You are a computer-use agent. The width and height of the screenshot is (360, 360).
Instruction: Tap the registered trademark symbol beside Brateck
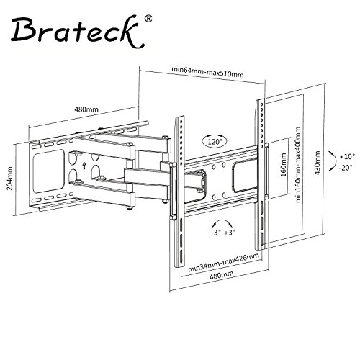coord(149,19)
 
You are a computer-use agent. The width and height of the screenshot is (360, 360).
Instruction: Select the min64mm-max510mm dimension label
coord(207,72)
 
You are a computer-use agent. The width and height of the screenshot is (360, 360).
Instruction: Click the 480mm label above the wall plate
coord(86,109)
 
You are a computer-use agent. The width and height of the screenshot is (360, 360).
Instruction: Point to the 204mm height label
coord(9,179)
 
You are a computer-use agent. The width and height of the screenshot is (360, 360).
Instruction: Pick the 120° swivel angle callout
coord(215,141)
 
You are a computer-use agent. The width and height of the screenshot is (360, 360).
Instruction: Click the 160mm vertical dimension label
coord(284,165)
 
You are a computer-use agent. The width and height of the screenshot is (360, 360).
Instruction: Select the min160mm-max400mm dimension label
coord(298,165)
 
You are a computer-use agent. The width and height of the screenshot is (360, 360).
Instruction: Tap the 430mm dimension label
coord(318,163)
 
